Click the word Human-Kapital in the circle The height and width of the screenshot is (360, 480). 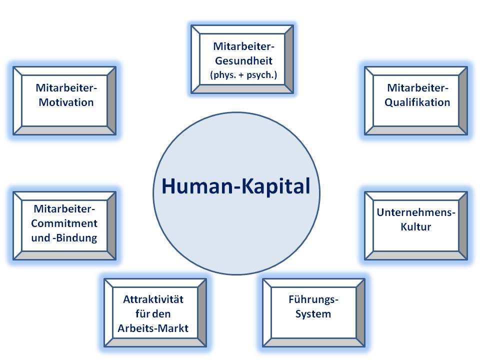[x=235, y=187]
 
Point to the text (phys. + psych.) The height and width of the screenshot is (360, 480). [x=242, y=76]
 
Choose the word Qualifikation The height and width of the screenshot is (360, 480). [x=416, y=102]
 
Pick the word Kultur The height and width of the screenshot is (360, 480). [x=416, y=226]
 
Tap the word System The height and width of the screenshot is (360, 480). [x=313, y=314]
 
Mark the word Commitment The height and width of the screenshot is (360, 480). [x=64, y=223]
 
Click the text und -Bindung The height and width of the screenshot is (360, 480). [x=64, y=237]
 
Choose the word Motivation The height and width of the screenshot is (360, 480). [x=65, y=102]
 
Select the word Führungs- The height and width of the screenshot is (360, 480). [x=313, y=300]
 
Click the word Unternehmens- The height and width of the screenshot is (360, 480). [x=416, y=212]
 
